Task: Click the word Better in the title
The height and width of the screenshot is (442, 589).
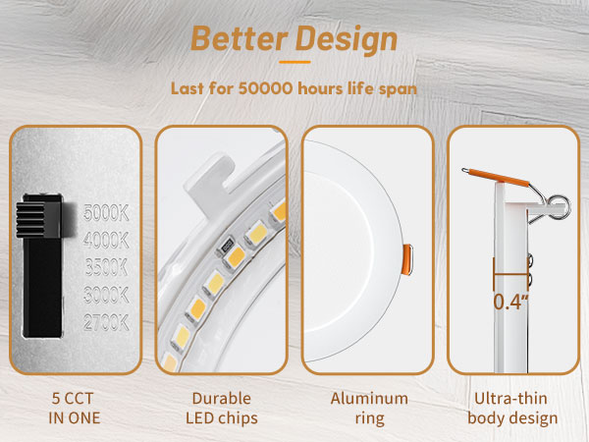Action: (232, 39)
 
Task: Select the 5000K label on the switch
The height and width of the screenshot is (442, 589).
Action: (106, 212)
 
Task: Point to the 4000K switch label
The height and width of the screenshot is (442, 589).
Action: (106, 239)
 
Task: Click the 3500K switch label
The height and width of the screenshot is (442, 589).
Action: (106, 266)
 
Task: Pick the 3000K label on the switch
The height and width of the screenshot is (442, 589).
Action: (106, 293)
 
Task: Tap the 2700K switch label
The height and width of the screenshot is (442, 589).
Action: (106, 319)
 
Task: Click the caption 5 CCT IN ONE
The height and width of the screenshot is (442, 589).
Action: (76, 409)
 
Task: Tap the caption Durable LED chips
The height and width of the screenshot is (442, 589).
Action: (222, 409)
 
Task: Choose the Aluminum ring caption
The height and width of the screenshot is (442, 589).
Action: (368, 409)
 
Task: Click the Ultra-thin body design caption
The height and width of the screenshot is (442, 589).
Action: (513, 409)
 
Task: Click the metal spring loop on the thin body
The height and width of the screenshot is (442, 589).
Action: (560, 203)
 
